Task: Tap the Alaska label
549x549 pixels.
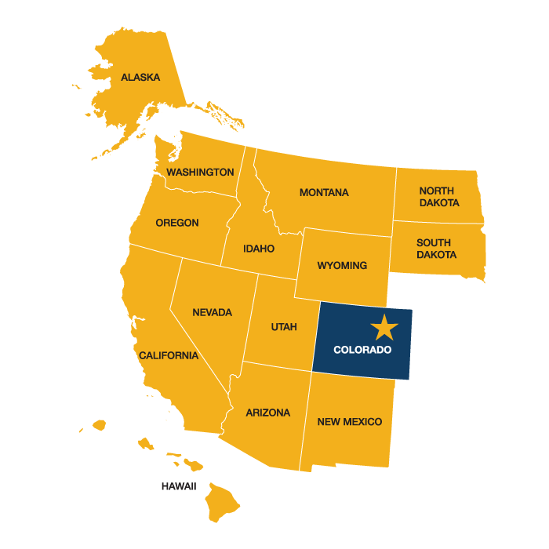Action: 140,78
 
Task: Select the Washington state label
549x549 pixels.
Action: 200,172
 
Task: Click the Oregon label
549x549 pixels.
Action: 177,223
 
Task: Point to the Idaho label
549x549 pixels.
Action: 259,249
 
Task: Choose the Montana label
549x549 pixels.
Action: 324,193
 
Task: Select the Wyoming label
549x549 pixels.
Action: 342,265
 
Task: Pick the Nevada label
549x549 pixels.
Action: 212,312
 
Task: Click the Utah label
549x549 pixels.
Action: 284,327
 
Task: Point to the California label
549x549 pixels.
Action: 169,355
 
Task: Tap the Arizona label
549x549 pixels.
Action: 267,413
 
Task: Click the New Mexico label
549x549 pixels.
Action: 350,422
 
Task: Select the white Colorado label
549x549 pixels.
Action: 362,350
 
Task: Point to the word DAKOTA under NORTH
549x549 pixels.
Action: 439,203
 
